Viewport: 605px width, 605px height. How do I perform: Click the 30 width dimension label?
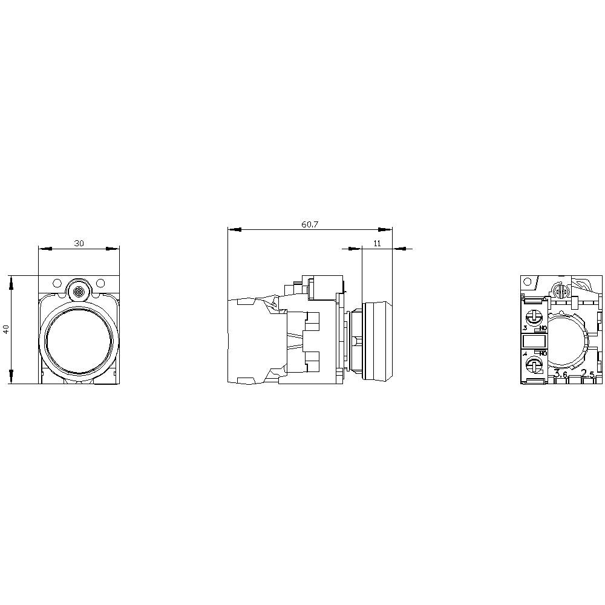[x=79, y=243]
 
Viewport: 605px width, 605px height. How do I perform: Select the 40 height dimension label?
[x=6, y=330]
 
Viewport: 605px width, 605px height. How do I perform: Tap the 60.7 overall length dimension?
[x=310, y=224]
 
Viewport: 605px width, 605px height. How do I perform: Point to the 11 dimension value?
[x=377, y=243]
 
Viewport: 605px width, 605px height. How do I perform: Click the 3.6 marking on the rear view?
[x=560, y=375]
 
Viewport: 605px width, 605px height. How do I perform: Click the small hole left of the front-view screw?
[x=57, y=283]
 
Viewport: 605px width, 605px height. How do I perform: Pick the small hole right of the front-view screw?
[x=100, y=283]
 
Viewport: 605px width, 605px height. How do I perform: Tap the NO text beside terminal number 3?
[x=543, y=328]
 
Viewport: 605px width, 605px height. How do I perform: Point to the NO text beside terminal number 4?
[x=543, y=353]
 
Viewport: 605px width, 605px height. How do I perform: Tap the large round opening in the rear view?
[x=567, y=341]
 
